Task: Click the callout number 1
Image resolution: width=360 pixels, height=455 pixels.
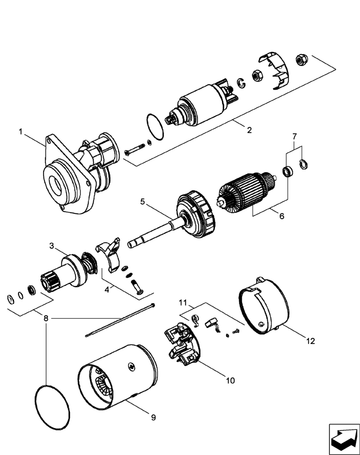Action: [20, 131]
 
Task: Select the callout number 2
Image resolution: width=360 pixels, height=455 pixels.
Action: [249, 130]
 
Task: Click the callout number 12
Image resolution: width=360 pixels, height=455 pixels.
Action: [310, 340]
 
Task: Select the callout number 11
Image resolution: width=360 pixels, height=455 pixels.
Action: [182, 302]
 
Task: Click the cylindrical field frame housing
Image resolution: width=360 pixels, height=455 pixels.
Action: [120, 373]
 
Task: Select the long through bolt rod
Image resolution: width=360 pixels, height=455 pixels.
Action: [120, 321]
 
